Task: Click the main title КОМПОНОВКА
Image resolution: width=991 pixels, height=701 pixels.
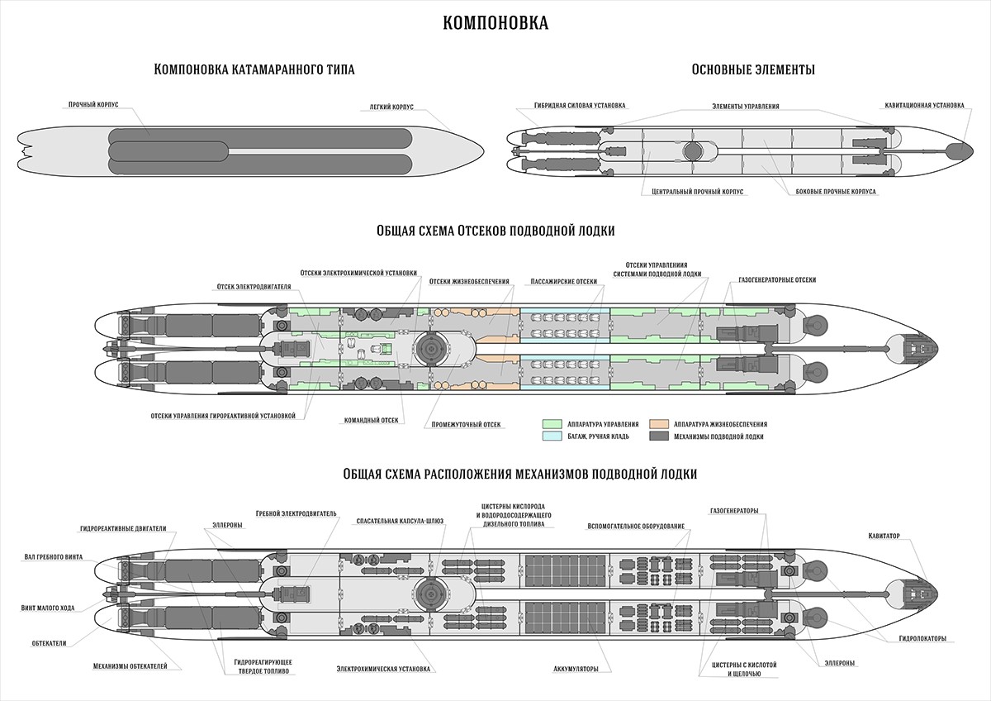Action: (x=495, y=22)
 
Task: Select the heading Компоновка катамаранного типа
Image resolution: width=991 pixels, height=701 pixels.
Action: (x=254, y=69)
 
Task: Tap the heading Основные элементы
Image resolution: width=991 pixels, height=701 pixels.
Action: (x=753, y=69)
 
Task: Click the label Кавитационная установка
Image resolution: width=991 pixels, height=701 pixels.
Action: (x=923, y=105)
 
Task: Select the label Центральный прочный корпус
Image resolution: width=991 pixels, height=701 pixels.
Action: (x=693, y=191)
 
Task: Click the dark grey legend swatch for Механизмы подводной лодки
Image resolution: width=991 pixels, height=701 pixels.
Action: (x=661, y=436)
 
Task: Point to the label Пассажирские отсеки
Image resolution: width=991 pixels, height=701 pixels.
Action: (x=564, y=281)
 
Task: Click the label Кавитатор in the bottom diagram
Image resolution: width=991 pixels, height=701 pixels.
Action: (x=884, y=536)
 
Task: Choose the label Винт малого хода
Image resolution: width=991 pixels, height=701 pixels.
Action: (x=47, y=608)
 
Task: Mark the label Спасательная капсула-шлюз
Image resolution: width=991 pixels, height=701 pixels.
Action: (x=400, y=522)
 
